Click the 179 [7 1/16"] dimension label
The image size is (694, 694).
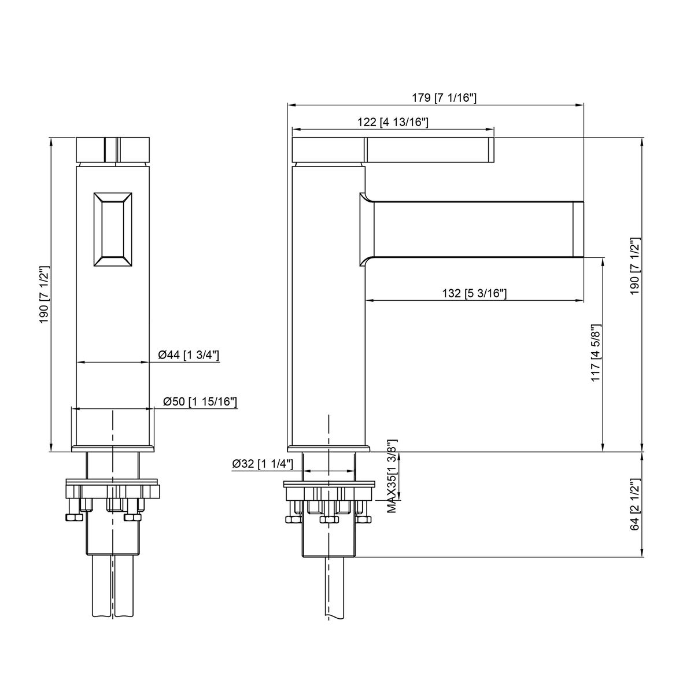click(x=444, y=98)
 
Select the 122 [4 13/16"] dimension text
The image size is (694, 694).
click(x=393, y=122)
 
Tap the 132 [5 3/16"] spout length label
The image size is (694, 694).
click(x=474, y=293)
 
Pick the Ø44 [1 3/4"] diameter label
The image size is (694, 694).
click(x=189, y=355)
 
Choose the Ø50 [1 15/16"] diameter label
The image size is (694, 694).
click(x=200, y=401)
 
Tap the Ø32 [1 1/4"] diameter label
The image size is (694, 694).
click(x=263, y=463)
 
